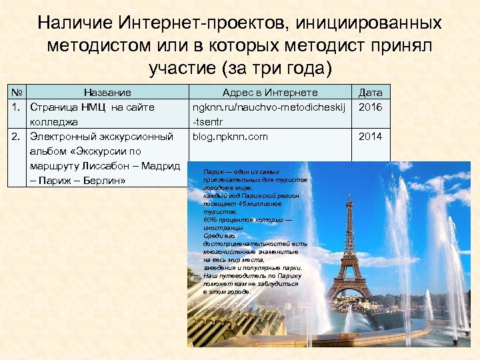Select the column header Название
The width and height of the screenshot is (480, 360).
pos(107,93)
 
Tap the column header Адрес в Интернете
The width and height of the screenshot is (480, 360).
pos(270,93)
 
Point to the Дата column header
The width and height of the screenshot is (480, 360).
pos(371,93)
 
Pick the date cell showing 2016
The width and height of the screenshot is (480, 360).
pos(371,107)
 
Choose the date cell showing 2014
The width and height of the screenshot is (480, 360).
pos(371,137)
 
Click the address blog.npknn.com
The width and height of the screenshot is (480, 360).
pos(230,137)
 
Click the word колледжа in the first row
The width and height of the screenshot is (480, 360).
pos(53,122)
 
